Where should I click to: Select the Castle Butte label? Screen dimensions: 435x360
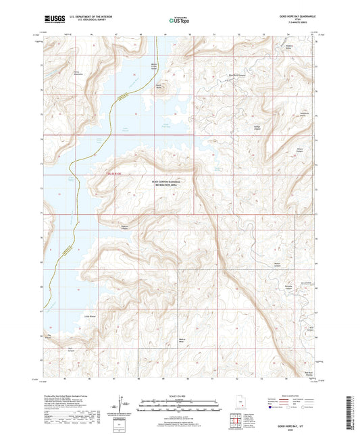click(x=159, y=86)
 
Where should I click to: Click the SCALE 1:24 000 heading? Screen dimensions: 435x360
click(x=180, y=395)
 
